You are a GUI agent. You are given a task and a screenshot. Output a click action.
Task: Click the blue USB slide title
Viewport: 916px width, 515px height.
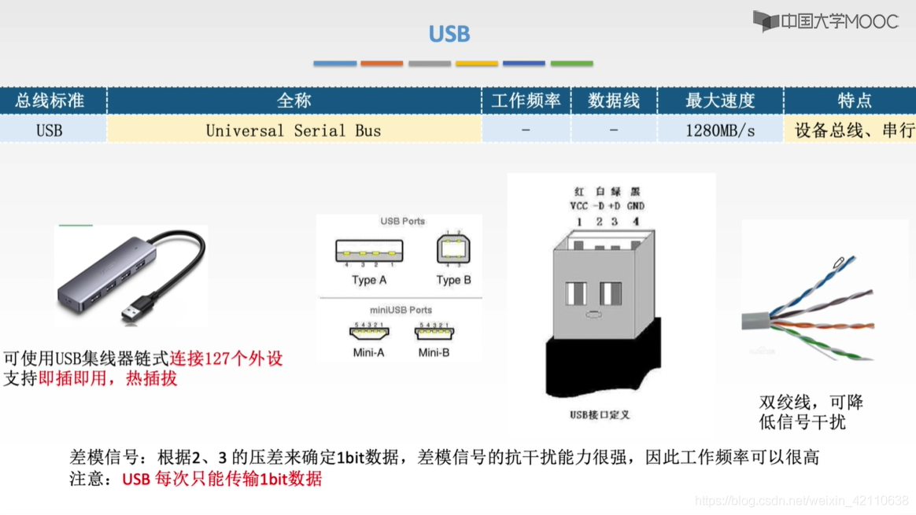449,34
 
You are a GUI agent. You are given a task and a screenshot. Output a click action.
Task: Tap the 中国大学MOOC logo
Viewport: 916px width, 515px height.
826,21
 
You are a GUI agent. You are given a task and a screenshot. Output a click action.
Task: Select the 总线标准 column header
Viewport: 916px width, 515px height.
50,101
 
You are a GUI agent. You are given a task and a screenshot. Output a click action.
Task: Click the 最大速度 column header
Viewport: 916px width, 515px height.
720,101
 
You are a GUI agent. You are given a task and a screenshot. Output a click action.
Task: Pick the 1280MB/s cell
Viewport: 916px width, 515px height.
720,131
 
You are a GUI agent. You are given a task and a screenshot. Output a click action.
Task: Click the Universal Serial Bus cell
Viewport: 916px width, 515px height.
294,131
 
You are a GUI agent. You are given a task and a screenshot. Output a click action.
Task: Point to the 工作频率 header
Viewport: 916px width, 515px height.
526,101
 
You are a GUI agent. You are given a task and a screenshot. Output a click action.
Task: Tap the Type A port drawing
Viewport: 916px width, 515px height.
369,252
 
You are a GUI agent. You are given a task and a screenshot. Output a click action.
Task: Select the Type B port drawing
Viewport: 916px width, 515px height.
453,248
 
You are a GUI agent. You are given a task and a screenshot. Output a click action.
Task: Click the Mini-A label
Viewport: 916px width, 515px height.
368,353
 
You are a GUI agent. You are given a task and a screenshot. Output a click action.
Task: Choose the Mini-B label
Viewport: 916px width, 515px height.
434,353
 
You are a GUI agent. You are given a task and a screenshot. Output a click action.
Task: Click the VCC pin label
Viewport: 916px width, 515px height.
578,205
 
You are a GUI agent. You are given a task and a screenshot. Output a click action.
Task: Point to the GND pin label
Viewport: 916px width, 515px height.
636,205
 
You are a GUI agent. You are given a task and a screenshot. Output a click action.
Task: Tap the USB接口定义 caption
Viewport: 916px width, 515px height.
600,414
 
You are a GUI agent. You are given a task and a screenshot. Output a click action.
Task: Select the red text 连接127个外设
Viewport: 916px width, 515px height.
226,358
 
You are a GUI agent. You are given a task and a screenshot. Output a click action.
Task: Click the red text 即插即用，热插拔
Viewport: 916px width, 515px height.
108,378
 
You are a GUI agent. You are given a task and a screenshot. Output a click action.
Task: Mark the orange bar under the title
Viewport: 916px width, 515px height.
382,63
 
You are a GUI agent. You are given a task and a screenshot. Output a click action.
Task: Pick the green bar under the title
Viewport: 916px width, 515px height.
572,63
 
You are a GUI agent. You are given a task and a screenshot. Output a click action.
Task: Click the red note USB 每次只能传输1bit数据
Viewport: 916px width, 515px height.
222,479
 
